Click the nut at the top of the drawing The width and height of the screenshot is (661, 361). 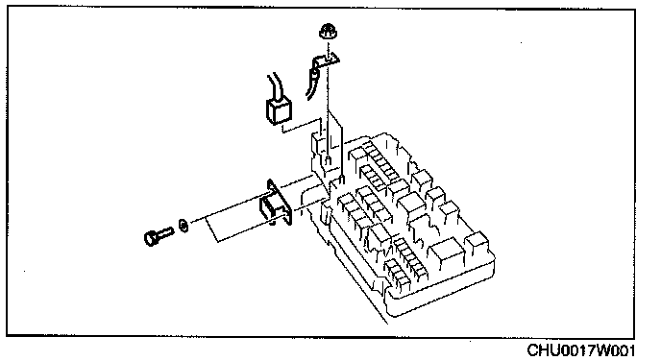point(327,31)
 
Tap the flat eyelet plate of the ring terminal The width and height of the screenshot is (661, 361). point(330,60)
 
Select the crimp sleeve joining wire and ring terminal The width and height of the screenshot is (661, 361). point(315,72)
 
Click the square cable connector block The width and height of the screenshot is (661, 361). point(279,110)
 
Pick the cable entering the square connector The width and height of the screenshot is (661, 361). point(275,86)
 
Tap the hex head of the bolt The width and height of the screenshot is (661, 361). point(151,238)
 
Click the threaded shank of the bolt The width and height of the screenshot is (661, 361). point(165,232)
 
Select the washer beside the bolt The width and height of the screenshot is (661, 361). point(184,225)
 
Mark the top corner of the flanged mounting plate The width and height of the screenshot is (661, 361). point(269,180)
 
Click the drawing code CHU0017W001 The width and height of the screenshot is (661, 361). point(581,350)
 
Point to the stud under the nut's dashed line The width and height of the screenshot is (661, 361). point(329,159)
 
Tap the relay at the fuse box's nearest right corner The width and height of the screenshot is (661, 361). point(477,244)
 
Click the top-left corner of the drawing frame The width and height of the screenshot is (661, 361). point(7,8)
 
